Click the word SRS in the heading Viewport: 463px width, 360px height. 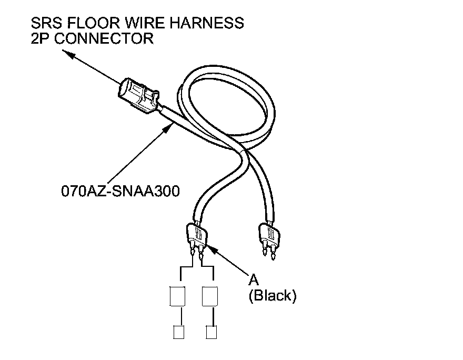[x=46, y=23]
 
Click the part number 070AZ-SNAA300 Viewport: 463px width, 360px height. [x=120, y=191]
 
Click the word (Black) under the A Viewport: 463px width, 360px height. [x=272, y=296]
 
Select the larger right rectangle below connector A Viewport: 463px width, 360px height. [x=210, y=296]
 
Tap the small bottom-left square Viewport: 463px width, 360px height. [x=178, y=332]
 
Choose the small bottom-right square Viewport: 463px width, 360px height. [x=211, y=332]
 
